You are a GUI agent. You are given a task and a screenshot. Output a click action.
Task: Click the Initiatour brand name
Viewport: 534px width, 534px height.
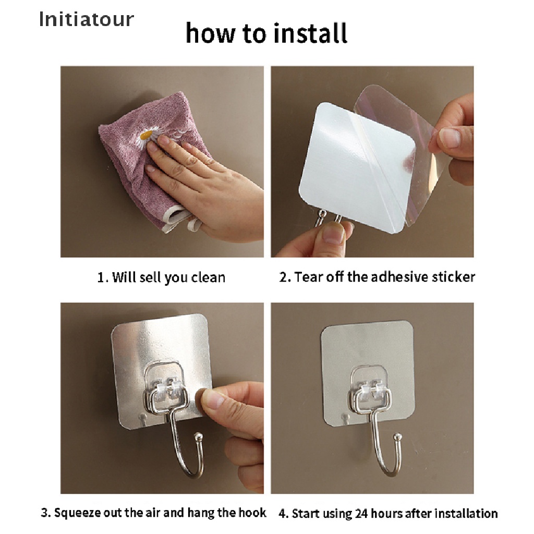tap(87, 19)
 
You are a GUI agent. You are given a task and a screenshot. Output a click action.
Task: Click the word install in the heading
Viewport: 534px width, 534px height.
tap(310, 33)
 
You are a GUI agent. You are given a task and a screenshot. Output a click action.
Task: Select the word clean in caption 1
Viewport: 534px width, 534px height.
tap(208, 277)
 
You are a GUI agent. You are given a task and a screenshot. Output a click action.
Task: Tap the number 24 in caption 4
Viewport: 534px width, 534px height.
tap(361, 513)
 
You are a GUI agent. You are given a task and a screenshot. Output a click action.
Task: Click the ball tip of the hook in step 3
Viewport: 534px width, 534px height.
tap(198, 436)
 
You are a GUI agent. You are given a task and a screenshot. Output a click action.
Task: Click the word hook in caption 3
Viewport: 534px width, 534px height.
tap(252, 513)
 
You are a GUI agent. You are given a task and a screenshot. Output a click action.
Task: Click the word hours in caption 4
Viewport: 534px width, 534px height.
tap(387, 513)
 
